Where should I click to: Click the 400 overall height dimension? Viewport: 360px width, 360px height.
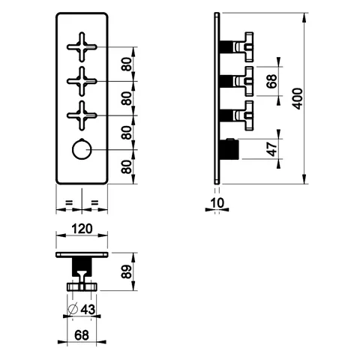tap(298, 98)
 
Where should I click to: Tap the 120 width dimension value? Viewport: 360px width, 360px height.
tap(82, 229)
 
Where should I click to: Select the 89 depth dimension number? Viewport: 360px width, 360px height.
tap(126, 271)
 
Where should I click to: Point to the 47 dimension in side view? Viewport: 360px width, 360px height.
tap(272, 149)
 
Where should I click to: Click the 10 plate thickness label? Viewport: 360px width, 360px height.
tap(217, 203)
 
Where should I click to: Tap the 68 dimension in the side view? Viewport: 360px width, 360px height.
tap(271, 81)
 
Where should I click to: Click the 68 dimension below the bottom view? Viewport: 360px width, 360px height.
tap(82, 335)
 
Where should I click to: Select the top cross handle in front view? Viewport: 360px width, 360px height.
tap(82, 47)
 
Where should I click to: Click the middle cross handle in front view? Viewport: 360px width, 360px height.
tap(82, 81)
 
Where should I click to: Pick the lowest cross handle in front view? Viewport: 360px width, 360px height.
tap(82, 115)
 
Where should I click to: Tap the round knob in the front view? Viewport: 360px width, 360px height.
tap(82, 150)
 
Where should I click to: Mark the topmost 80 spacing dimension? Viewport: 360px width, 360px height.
tap(127, 64)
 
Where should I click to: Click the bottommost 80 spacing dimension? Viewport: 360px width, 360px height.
tap(127, 166)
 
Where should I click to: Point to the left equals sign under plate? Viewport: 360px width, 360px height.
tap(69, 202)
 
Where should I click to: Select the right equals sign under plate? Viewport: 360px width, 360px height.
tap(94, 202)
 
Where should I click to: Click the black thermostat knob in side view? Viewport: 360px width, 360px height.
tap(229, 149)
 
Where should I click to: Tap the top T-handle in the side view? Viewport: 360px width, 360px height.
tap(243, 47)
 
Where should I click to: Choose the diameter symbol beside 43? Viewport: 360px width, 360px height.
tap(73, 309)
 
